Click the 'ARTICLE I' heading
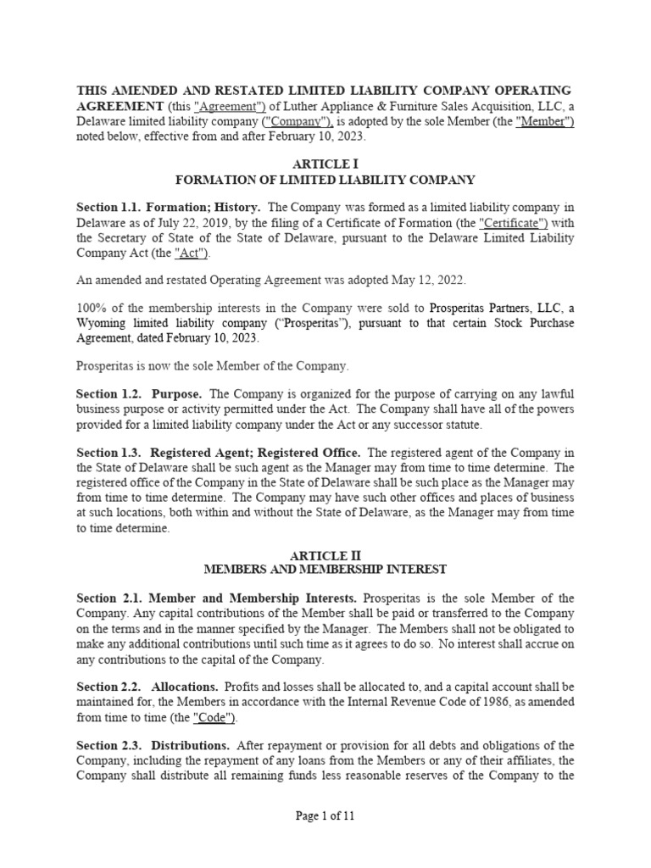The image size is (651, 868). pos(325,164)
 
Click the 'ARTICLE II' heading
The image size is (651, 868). pos(325,556)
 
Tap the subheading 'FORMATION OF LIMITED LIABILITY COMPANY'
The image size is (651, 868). pos(325,180)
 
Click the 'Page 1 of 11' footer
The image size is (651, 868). pos(325,816)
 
